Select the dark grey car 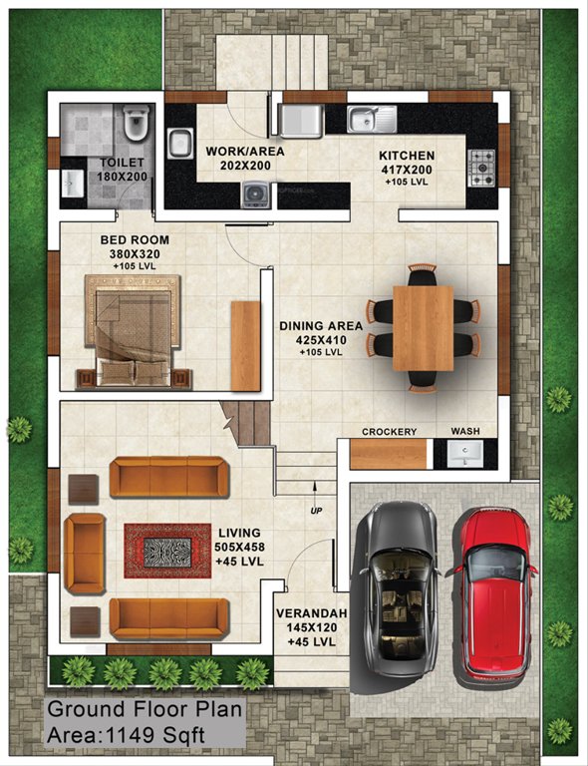(398, 588)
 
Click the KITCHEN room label (406, 157)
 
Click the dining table (423, 328)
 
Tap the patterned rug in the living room (159, 550)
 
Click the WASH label (465, 432)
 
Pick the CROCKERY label (389, 432)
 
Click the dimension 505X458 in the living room (239, 548)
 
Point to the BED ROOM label (135, 240)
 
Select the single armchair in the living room (84, 555)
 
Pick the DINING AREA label (321, 325)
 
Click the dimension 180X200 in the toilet (122, 177)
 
